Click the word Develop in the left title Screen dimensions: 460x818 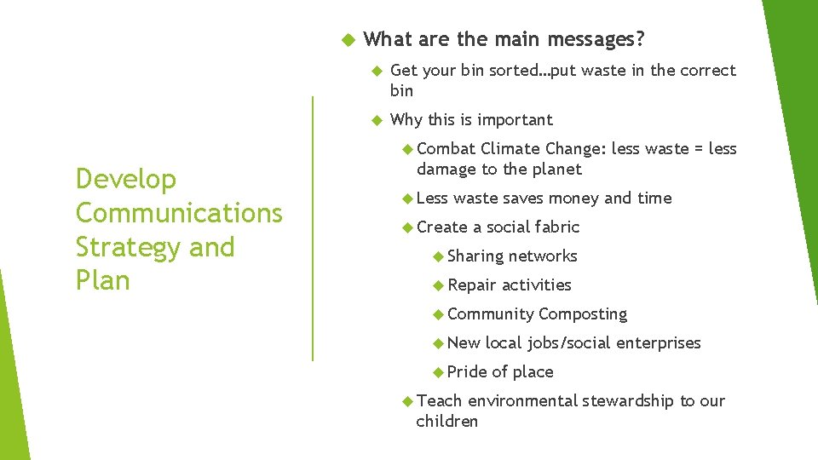(126, 180)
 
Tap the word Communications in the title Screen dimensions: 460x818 (179, 213)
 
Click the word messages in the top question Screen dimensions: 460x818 (596, 39)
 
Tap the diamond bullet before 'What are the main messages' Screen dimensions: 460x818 (347, 40)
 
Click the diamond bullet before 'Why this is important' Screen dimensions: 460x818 (376, 120)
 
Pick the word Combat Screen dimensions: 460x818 (446, 149)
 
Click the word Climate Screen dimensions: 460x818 (510, 149)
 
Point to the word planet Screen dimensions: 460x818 (555, 170)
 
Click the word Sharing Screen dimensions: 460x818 (475, 256)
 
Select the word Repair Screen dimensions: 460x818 (472, 285)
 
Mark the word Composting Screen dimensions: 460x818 (583, 314)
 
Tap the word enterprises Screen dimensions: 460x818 (658, 343)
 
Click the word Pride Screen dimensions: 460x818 (467, 372)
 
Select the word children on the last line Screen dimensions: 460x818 (447, 422)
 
